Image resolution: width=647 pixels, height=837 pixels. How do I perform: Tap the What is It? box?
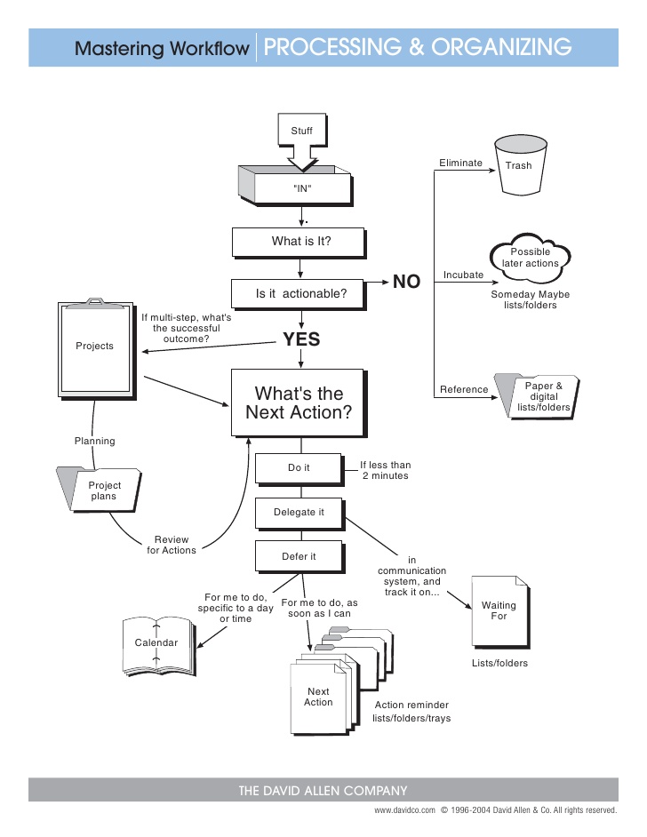pos(300,241)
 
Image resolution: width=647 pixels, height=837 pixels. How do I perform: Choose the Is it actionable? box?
pos(300,294)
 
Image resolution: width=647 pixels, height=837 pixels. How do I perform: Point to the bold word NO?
pos(406,283)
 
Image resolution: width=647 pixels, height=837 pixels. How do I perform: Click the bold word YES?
pos(301,339)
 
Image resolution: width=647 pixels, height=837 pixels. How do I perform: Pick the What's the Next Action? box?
pos(299,403)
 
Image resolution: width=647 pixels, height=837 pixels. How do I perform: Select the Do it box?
pos(299,467)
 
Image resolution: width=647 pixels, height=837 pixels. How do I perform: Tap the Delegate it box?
pos(299,513)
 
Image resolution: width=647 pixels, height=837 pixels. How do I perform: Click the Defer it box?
pos(299,557)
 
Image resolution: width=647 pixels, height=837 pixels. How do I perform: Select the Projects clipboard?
pos(95,347)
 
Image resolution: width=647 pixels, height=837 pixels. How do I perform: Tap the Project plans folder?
pos(100,490)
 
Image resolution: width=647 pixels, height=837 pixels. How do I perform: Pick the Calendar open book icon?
pos(156,643)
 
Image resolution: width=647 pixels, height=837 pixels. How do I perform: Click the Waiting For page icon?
pos(499,610)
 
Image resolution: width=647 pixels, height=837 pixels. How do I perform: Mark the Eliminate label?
pos(460,163)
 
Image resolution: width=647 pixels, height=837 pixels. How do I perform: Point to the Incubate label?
pos(463,275)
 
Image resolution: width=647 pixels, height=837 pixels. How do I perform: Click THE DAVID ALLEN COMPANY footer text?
pos(323,791)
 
